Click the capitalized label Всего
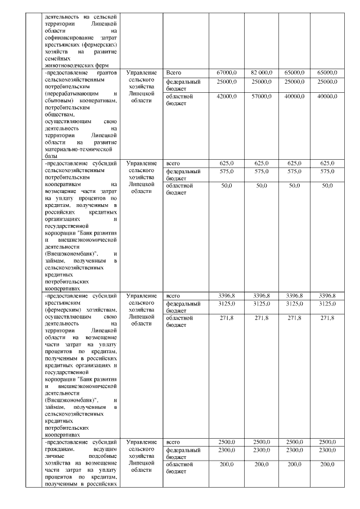tap(174, 73)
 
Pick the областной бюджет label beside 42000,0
tap(179, 100)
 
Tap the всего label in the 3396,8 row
tap(173, 296)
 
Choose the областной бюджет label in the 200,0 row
tap(179, 468)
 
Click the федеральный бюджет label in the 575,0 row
tap(183, 174)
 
